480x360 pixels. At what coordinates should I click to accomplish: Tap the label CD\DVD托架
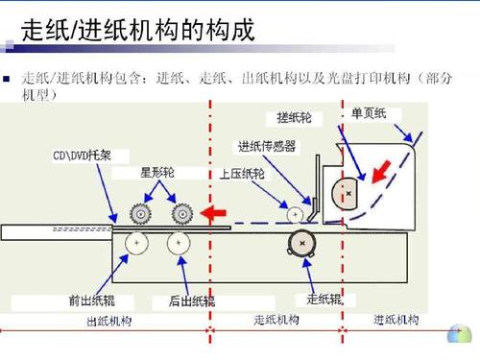click(x=82, y=155)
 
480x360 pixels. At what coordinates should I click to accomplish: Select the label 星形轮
click(x=157, y=174)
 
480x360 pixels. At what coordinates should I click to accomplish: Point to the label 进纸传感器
click(x=266, y=146)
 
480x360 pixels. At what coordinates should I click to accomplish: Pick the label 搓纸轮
click(x=294, y=117)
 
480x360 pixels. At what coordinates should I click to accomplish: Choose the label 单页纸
click(x=368, y=113)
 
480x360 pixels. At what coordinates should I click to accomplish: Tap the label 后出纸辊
click(x=191, y=300)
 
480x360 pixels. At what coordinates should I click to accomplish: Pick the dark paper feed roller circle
click(x=303, y=245)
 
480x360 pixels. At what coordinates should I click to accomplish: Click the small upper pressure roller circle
click(x=295, y=211)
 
